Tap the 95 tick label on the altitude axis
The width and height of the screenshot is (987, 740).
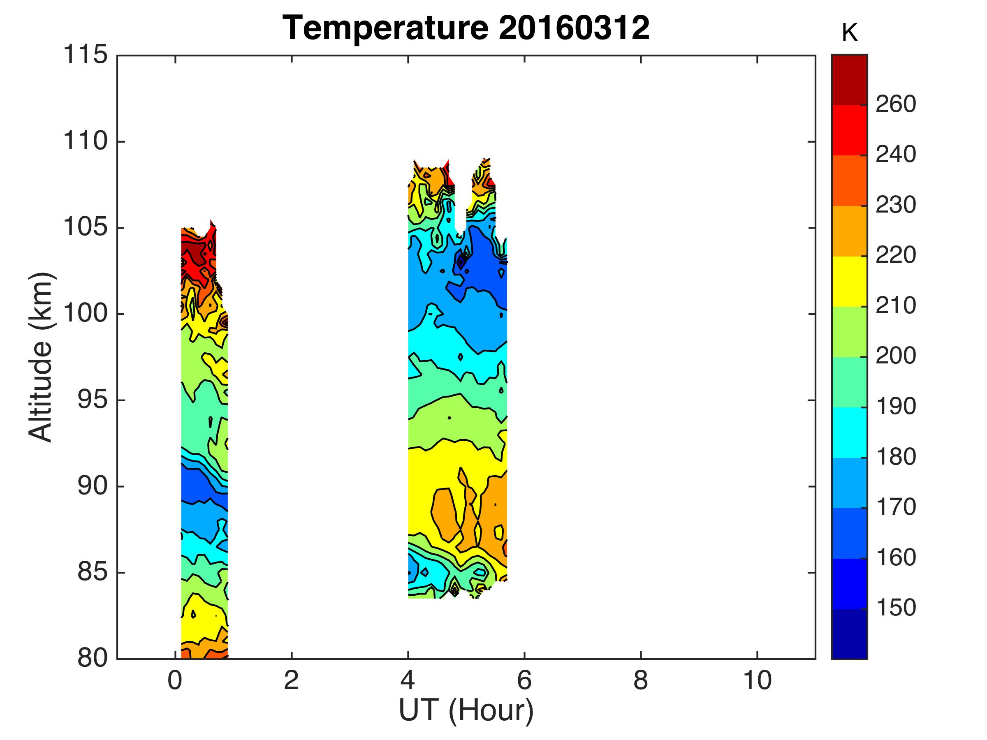tap(93, 400)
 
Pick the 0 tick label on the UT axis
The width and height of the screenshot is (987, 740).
tap(175, 681)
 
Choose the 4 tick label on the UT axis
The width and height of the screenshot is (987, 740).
tap(408, 681)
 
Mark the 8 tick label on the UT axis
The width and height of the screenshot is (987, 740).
tap(641, 681)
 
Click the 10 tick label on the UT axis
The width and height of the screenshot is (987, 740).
tap(757, 681)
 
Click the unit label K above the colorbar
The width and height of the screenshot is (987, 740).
tap(850, 33)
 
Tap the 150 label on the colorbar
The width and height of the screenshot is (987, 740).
tap(896, 608)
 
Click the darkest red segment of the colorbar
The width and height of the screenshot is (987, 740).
tap(849, 80)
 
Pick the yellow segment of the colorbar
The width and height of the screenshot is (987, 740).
tap(849, 282)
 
